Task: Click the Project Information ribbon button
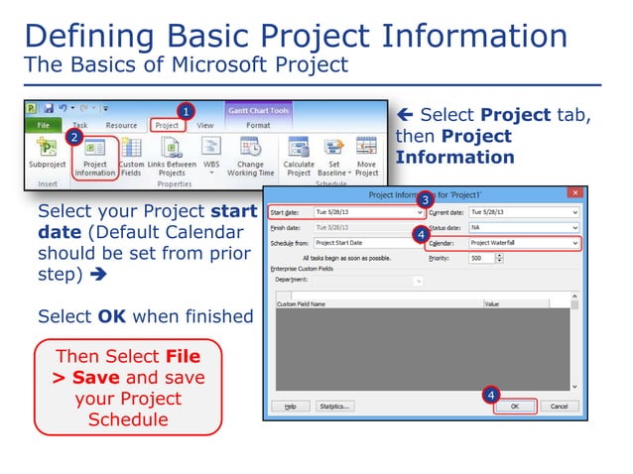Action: click(x=95, y=158)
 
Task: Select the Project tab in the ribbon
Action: click(x=167, y=126)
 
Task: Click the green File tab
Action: click(x=43, y=126)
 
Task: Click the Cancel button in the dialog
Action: click(x=560, y=406)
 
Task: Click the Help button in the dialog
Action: click(x=290, y=406)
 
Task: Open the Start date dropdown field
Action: click(x=368, y=212)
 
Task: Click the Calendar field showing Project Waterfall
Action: click(x=523, y=242)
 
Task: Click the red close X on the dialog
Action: click(x=573, y=191)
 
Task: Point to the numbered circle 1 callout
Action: click(x=186, y=110)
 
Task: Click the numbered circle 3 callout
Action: click(x=424, y=199)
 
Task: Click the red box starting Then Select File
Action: click(x=128, y=388)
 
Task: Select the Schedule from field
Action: click(x=367, y=242)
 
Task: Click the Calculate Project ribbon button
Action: click(x=299, y=158)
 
